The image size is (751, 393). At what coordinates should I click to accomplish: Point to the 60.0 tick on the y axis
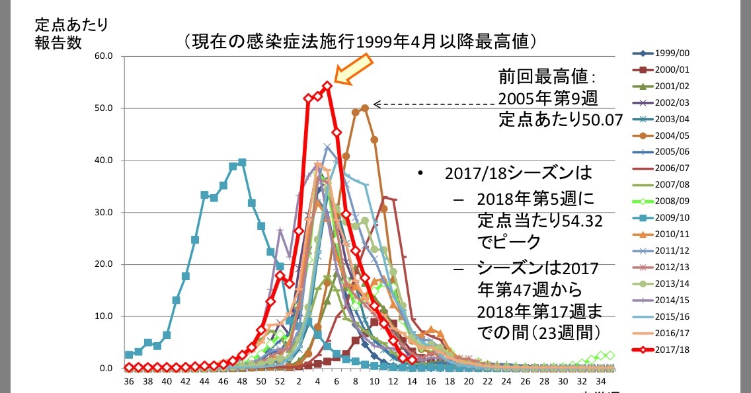point(105,56)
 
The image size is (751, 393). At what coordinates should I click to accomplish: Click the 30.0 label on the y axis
point(105,213)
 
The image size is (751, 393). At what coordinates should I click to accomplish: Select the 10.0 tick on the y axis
point(105,316)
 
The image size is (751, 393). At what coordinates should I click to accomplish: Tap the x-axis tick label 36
point(128,381)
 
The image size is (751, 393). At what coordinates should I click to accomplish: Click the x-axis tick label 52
point(280,381)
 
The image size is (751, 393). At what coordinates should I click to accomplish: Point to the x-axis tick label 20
point(469,381)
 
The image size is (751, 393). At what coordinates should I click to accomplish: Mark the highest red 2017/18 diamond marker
point(327,86)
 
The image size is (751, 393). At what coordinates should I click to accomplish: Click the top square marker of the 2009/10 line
point(242,162)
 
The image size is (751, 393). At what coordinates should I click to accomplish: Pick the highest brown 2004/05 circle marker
point(365,108)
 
